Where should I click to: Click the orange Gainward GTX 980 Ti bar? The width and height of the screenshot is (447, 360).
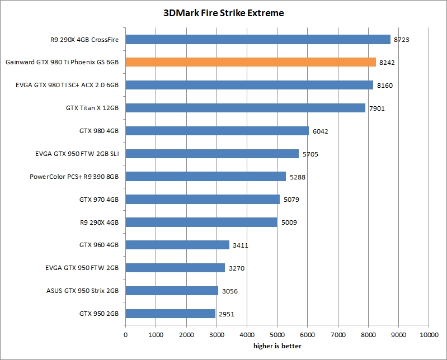(x=251, y=62)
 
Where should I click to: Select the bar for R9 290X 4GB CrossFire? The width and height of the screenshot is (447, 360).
(x=258, y=39)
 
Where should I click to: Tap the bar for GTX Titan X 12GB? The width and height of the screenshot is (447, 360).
(x=245, y=108)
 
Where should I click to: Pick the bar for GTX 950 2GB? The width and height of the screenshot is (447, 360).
(x=170, y=314)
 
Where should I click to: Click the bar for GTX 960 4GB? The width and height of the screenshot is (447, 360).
(x=177, y=245)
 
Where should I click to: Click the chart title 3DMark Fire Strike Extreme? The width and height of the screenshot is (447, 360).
(x=224, y=12)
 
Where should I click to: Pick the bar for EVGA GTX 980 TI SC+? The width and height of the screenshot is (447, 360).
(x=249, y=85)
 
